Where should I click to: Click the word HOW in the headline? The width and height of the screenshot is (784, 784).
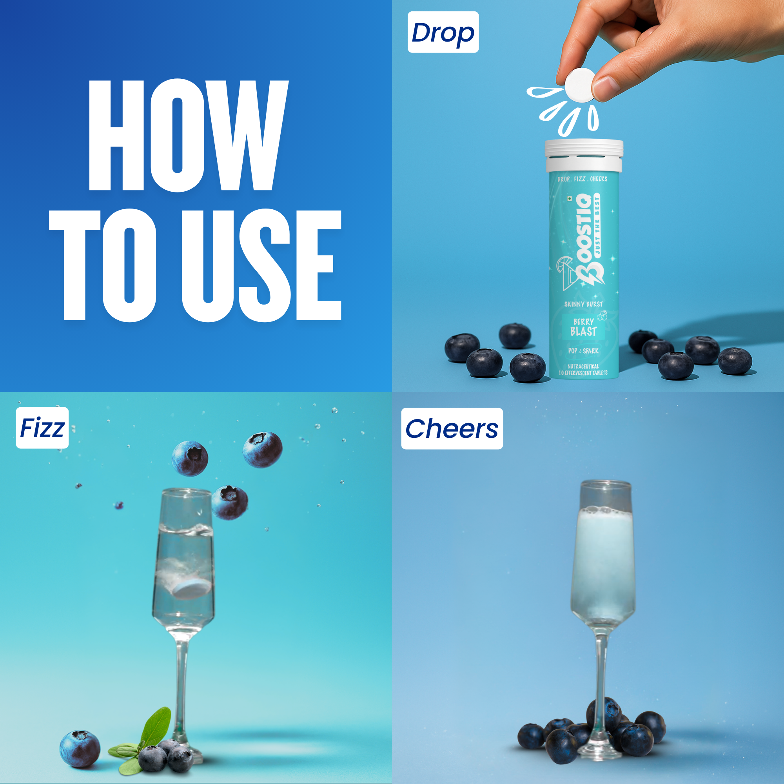[x=189, y=135]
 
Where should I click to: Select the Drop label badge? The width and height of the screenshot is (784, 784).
[x=443, y=32]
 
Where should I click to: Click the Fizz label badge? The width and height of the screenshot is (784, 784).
[x=42, y=428]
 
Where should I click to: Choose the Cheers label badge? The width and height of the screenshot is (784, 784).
[x=452, y=428]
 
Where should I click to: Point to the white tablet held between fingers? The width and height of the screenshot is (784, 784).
[x=580, y=85]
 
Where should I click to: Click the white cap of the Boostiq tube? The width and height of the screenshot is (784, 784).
[x=584, y=155]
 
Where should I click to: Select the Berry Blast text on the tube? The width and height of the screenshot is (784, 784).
[x=584, y=327]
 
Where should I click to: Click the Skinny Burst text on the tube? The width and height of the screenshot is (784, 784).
[x=584, y=304]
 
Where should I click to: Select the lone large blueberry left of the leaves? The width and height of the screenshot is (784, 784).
[x=80, y=749]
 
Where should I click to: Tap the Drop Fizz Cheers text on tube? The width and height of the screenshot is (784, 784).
[x=583, y=179]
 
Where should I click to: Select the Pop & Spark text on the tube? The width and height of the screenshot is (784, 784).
[x=584, y=350]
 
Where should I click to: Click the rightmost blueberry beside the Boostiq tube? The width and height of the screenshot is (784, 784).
[x=735, y=360]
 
